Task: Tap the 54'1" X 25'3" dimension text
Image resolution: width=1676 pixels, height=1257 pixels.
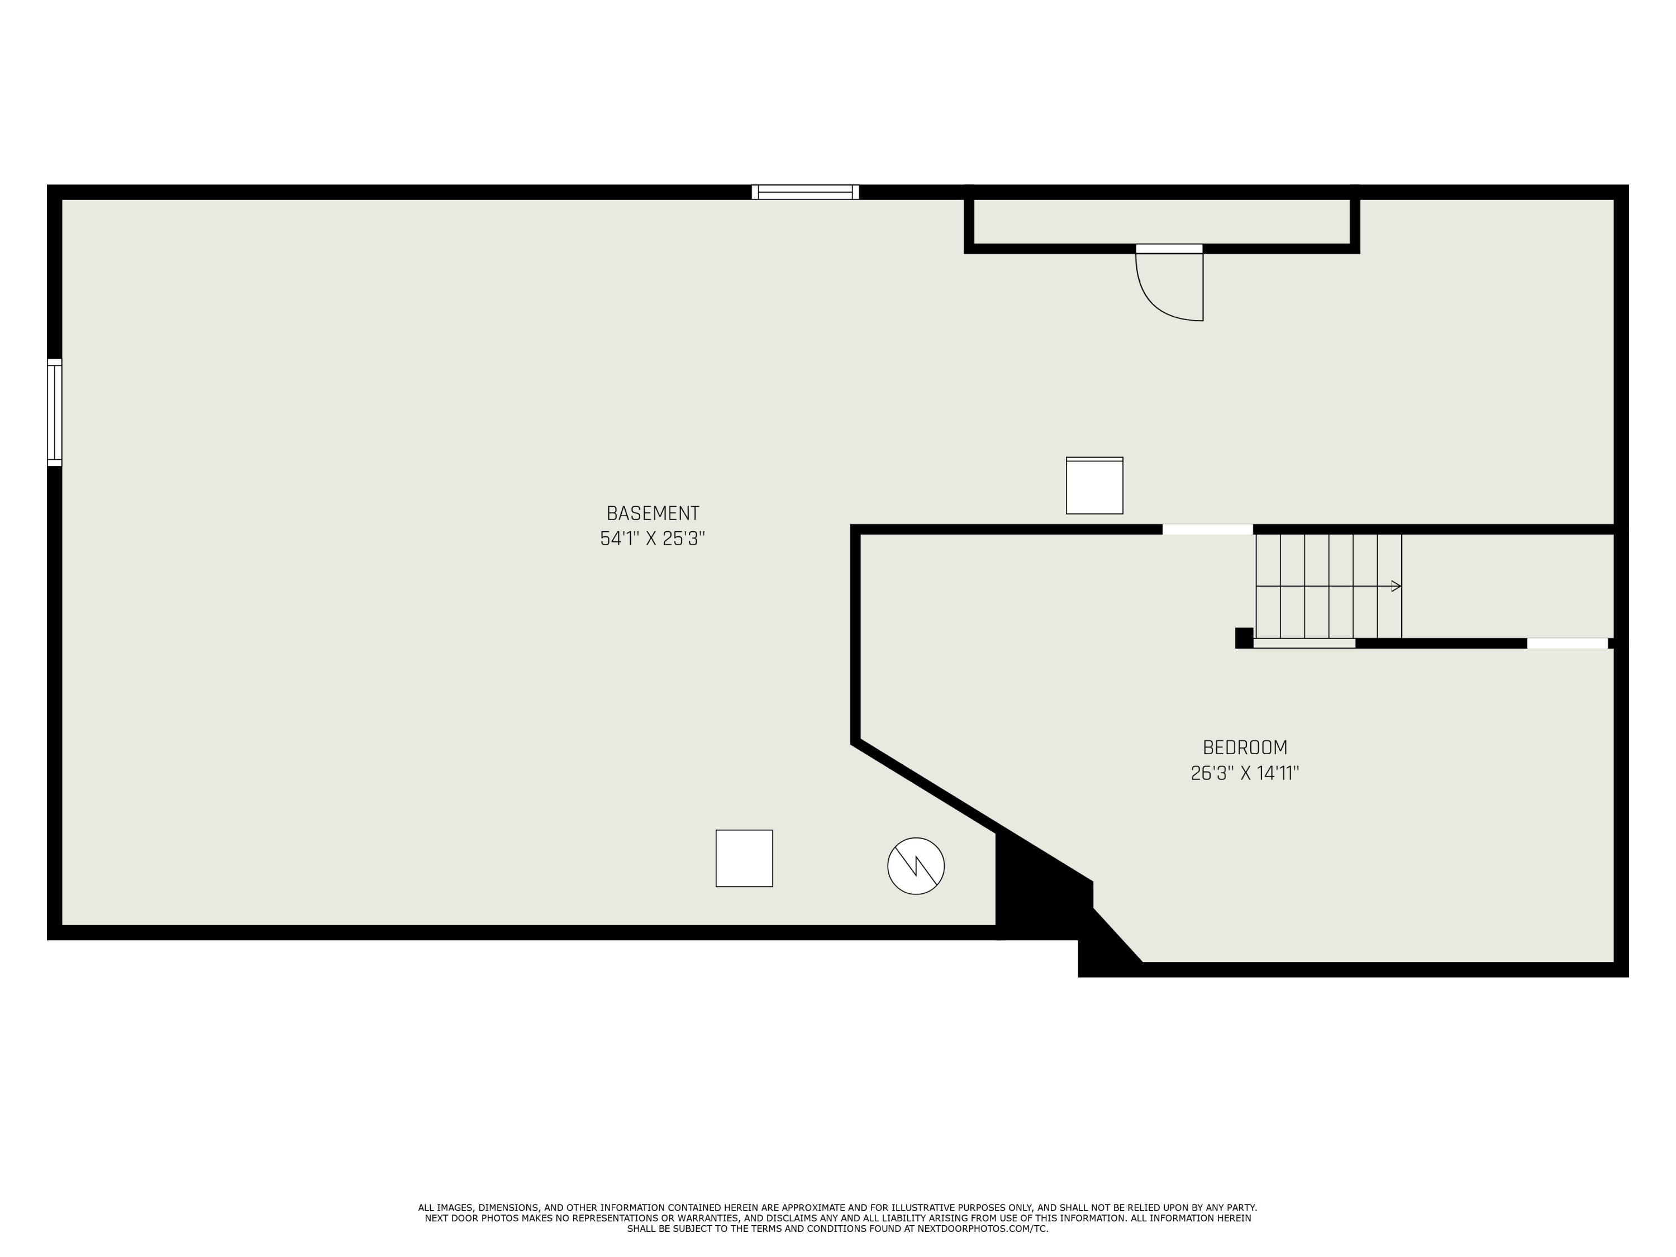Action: (x=653, y=539)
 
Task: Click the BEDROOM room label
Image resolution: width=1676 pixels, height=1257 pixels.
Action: (x=1245, y=748)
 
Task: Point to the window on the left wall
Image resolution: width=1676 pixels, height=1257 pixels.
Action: (x=55, y=412)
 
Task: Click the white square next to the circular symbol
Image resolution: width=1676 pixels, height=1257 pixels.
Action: (x=744, y=859)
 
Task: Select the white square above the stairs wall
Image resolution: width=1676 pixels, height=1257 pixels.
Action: (x=1094, y=485)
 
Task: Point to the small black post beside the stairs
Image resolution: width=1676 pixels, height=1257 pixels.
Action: (x=1244, y=638)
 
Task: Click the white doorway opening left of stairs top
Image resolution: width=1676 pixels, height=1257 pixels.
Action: (x=1207, y=529)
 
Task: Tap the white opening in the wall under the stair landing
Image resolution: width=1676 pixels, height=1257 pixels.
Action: (x=1567, y=643)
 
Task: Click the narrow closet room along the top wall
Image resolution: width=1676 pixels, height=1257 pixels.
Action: (x=1161, y=222)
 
